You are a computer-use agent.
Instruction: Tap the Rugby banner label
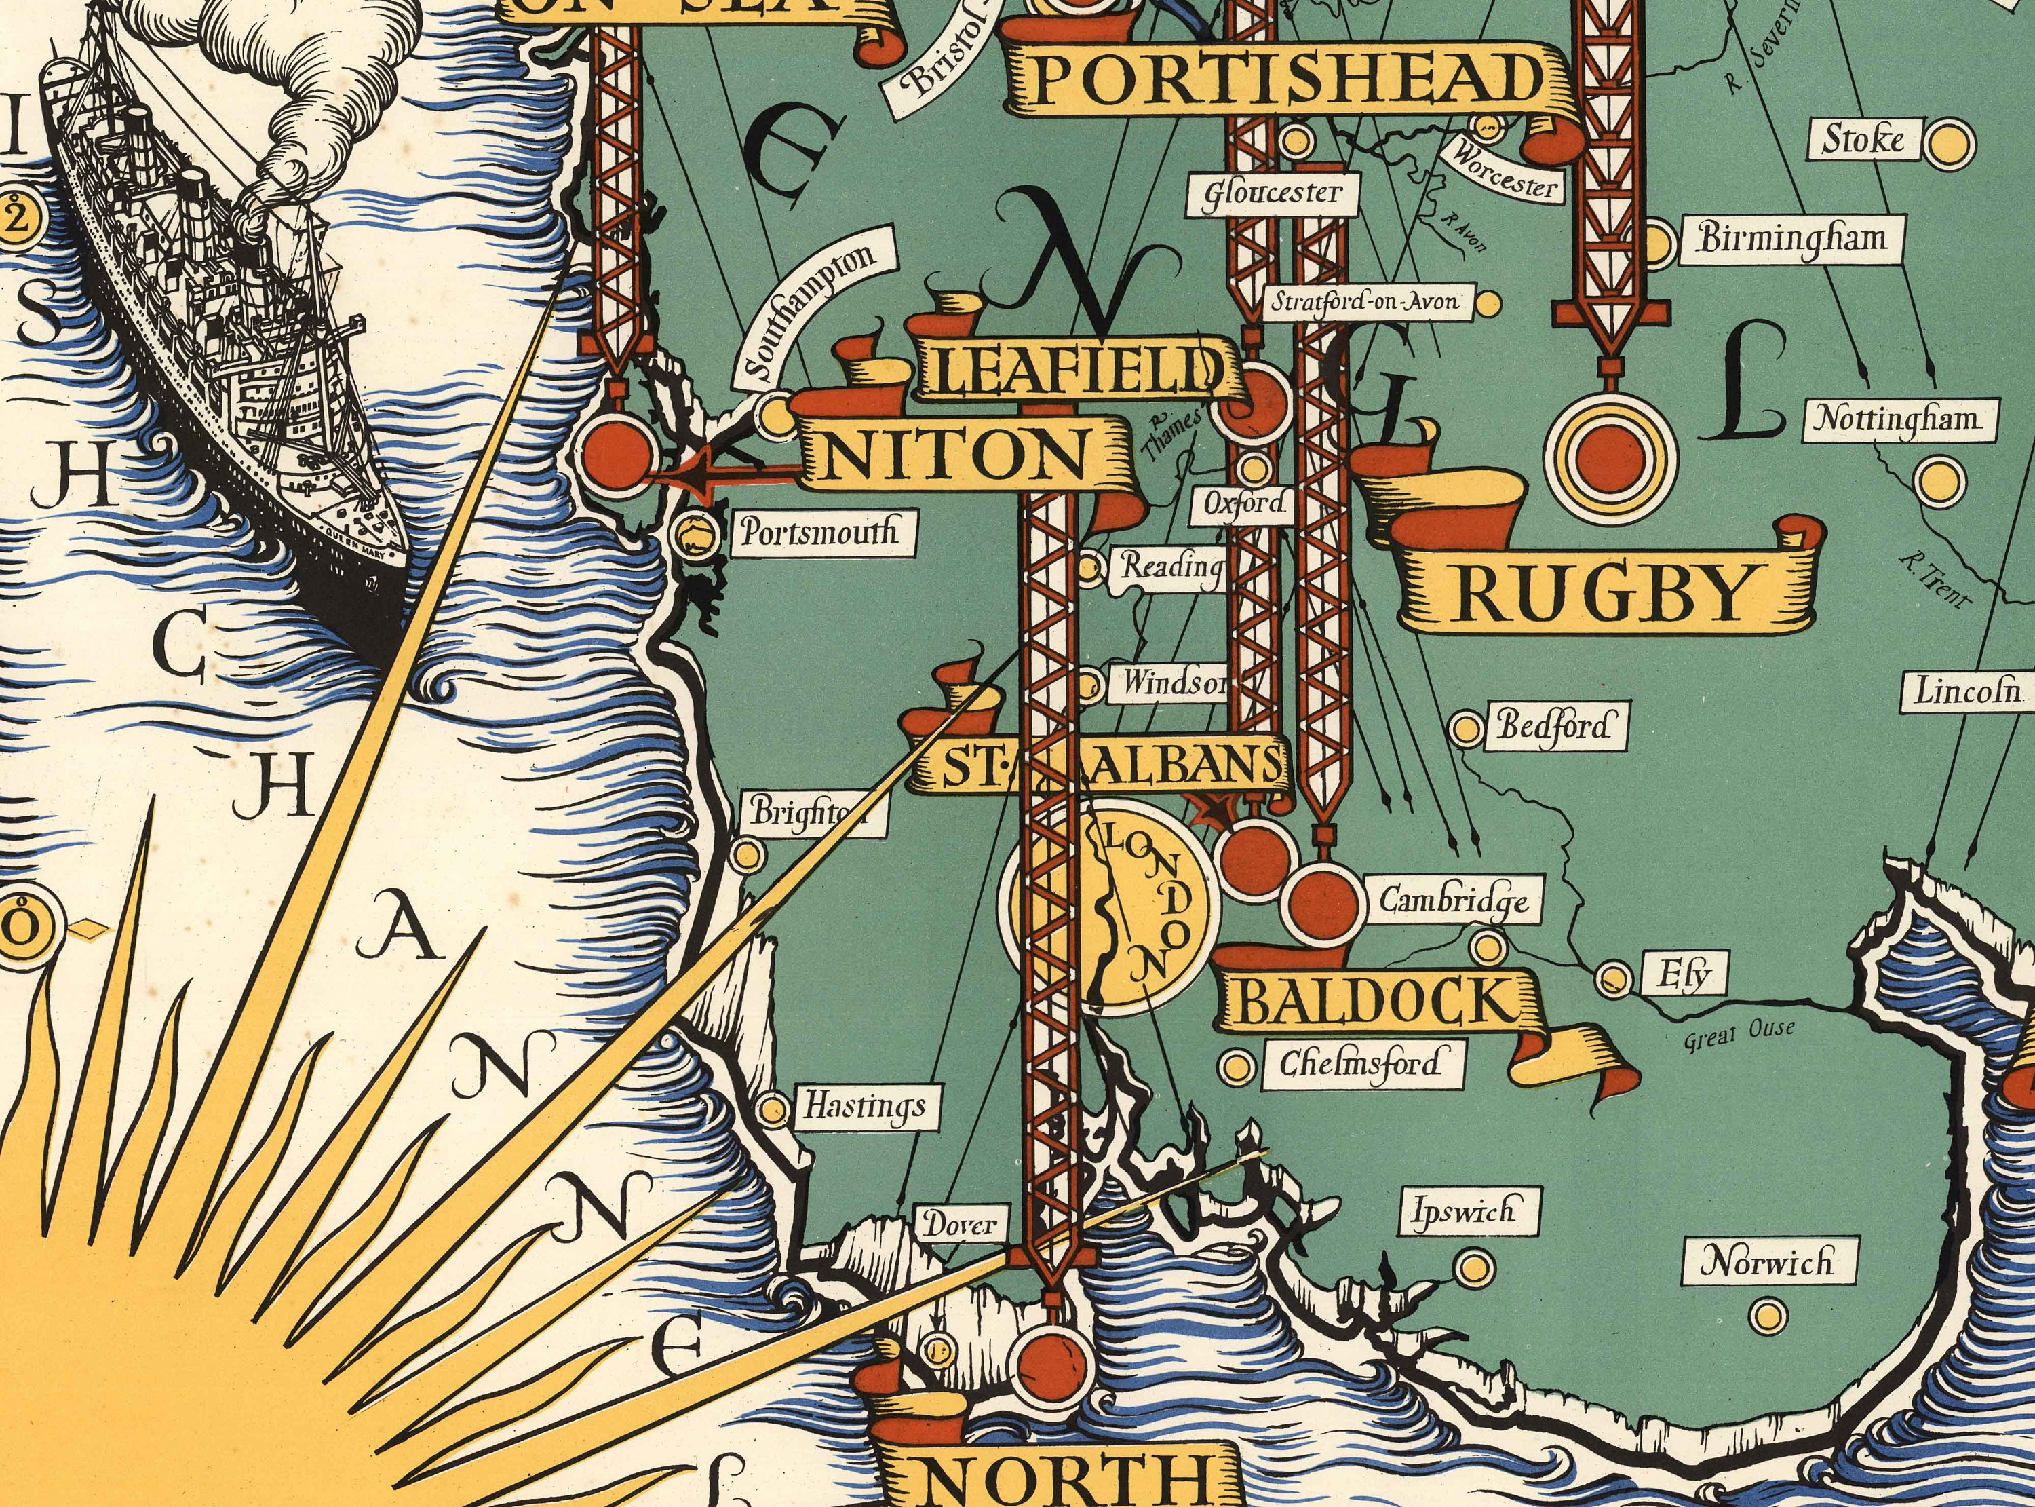coord(1605,594)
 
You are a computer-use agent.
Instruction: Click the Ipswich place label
coord(1463,1211)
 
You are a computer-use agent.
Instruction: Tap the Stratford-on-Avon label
coord(1365,301)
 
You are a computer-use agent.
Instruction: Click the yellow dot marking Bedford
coord(1465,729)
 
